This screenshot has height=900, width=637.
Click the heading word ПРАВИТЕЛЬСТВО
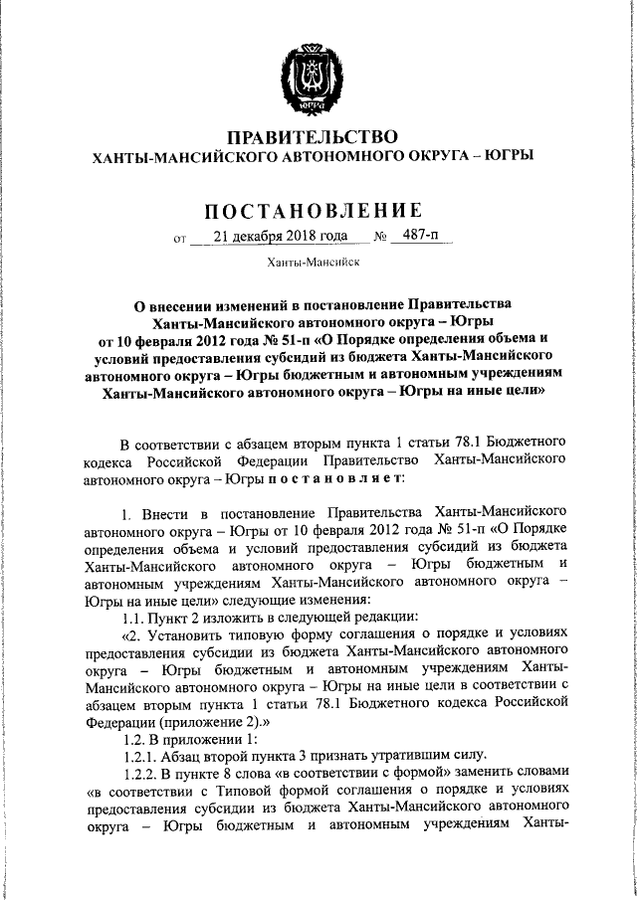click(313, 136)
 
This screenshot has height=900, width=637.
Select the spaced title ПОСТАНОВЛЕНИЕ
click(313, 210)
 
